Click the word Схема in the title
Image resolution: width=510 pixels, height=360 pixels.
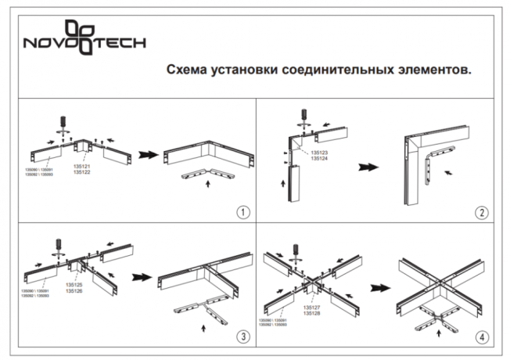point(185,70)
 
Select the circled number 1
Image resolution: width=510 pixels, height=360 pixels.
point(244,212)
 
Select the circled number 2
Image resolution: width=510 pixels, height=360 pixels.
point(482,212)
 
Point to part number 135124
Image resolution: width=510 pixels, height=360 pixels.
point(319,159)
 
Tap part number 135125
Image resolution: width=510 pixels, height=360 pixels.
point(75,285)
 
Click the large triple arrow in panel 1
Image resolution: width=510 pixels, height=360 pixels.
point(146,155)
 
